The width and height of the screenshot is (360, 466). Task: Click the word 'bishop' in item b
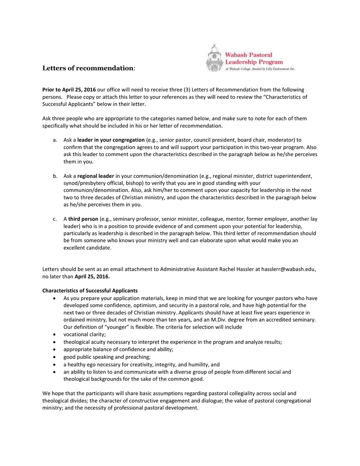(x=131, y=183)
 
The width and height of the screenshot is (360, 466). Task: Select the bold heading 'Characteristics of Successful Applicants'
(x=90, y=291)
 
